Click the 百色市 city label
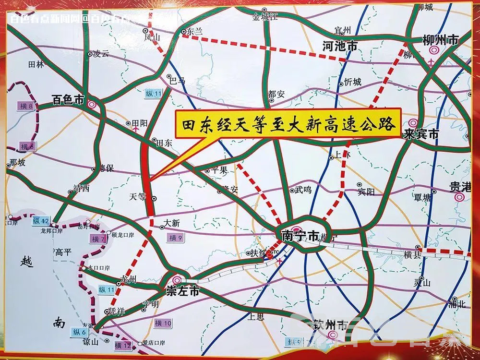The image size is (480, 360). [x=68, y=101]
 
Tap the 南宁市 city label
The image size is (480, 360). [x=300, y=236]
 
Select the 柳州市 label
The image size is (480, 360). [x=440, y=40]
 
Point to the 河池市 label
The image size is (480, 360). [x=340, y=47]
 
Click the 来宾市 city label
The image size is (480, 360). [x=421, y=134]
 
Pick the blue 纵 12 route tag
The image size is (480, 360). [x=41, y=221]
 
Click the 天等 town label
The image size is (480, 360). [x=137, y=197]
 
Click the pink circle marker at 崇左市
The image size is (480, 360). [x=177, y=280]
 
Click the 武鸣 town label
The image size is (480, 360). [x=303, y=190]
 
